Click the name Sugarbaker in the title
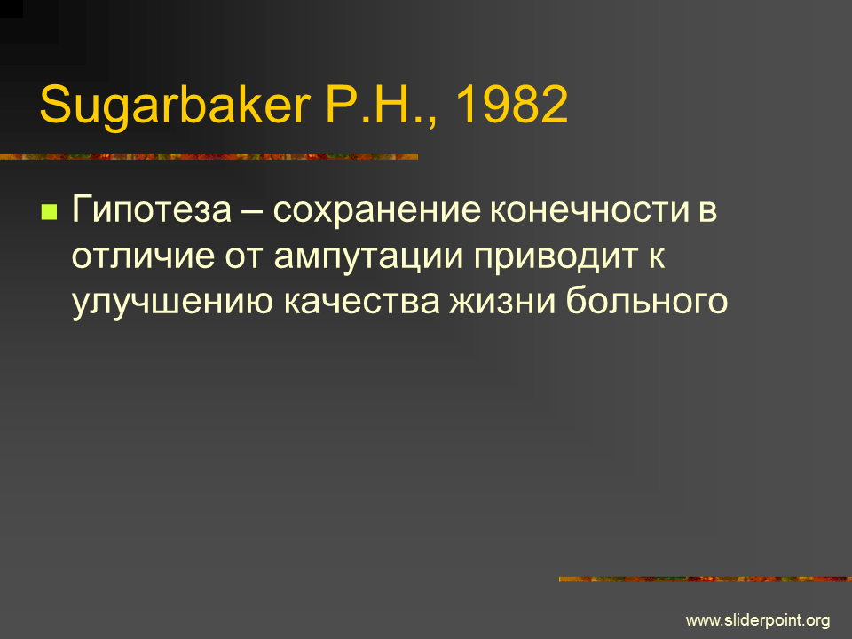tap(175, 106)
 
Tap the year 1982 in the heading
tap(511, 105)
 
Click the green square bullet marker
tap(49, 211)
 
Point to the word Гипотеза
tap(152, 209)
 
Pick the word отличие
tap(143, 256)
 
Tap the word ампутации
tap(368, 257)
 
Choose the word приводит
tap(556, 257)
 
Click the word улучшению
tap(172, 302)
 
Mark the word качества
tap(361, 302)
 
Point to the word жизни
tap(502, 302)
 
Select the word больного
tap(647, 301)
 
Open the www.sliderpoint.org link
tap(758, 620)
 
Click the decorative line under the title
tap(209, 156)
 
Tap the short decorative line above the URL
tap(706, 580)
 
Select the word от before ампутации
tap(244, 257)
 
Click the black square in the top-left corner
tap(12, 9)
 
